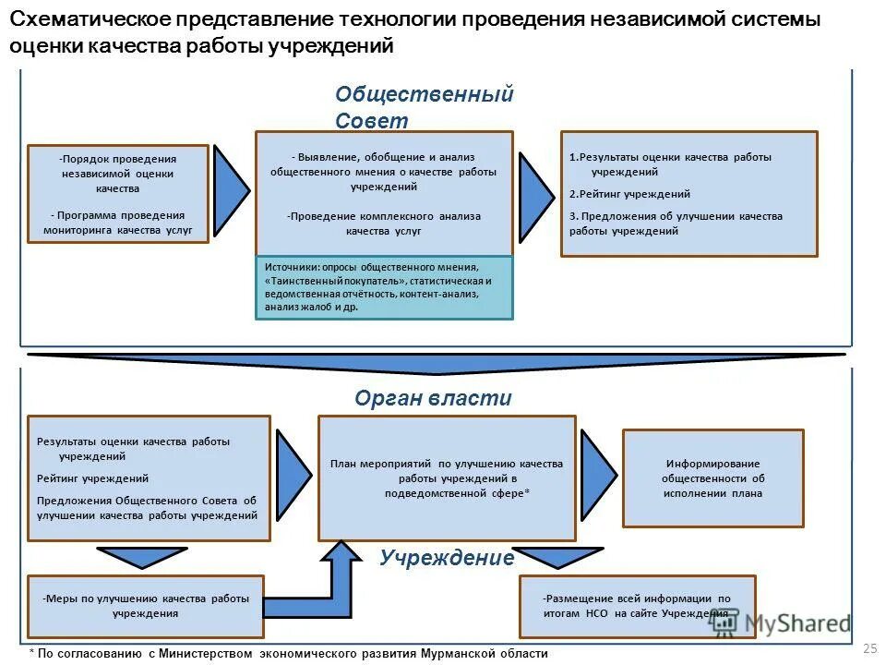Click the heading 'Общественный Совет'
424,107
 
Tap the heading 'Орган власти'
433,398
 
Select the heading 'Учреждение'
447,558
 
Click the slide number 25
868,650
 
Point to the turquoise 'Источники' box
383,287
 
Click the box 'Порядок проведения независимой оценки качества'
118,194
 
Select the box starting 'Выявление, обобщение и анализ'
383,193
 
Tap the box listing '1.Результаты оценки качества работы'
688,193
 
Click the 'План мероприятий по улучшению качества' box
447,478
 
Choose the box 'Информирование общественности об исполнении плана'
712,478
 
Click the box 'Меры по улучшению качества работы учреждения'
146,606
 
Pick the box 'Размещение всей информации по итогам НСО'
637,606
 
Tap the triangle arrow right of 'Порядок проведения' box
230,187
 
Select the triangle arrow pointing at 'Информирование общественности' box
596,474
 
